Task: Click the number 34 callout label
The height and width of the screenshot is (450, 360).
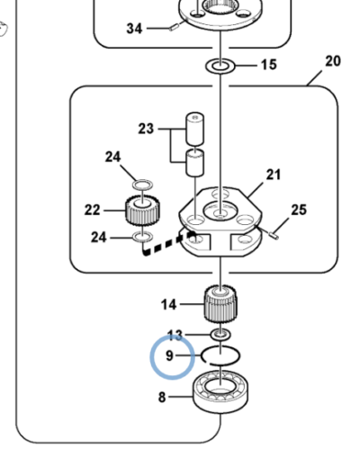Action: (134, 29)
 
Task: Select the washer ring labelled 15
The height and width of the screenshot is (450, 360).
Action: (220, 66)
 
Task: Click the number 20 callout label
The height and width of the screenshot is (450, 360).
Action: (333, 61)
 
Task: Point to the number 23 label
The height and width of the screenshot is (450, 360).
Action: (146, 129)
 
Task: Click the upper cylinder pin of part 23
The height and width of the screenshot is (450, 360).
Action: (195, 129)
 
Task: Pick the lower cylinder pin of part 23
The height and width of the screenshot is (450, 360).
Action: (195, 163)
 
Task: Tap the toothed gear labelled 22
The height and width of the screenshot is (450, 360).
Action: (142, 210)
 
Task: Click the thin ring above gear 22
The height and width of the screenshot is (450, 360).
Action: (142, 184)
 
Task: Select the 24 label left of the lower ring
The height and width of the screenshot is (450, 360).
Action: (99, 238)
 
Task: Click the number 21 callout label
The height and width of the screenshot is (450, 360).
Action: (274, 175)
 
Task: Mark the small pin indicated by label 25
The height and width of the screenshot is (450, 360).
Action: (274, 236)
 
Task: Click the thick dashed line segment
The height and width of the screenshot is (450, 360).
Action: (168, 242)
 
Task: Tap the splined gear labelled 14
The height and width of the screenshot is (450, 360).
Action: (220, 304)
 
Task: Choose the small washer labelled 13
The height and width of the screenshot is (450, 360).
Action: (220, 334)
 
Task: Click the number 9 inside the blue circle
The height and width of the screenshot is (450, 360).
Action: (169, 355)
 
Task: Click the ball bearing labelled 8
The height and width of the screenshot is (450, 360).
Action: (220, 392)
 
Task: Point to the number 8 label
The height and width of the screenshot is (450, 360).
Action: (162, 397)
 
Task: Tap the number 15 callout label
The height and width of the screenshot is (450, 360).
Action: (269, 65)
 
